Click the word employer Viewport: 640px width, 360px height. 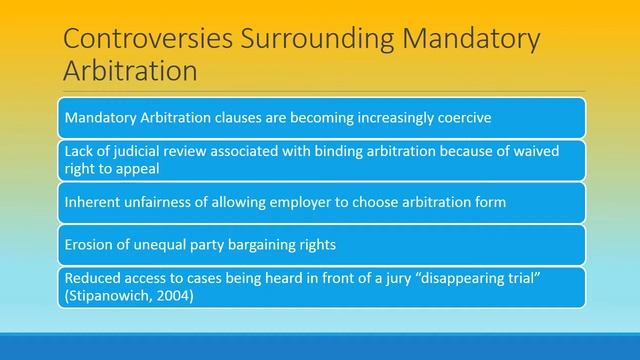tap(300, 202)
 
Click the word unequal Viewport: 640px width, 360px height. tap(160, 244)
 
